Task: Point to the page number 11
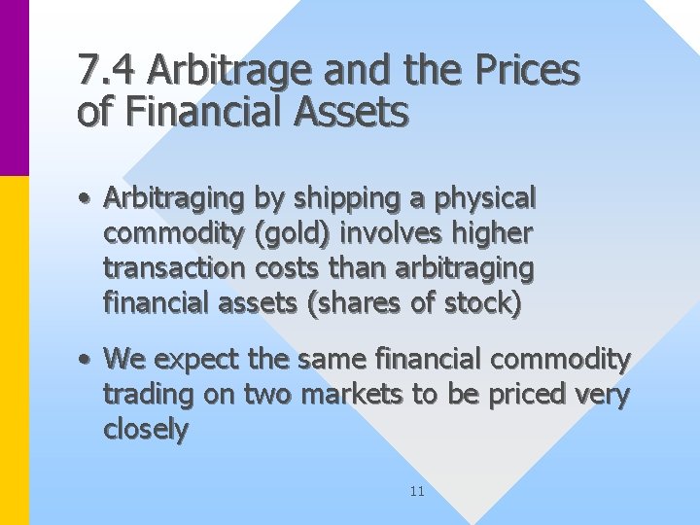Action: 417,492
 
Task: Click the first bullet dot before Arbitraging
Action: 87,199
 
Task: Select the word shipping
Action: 328,199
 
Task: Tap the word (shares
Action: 354,303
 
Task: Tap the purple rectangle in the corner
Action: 14,87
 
